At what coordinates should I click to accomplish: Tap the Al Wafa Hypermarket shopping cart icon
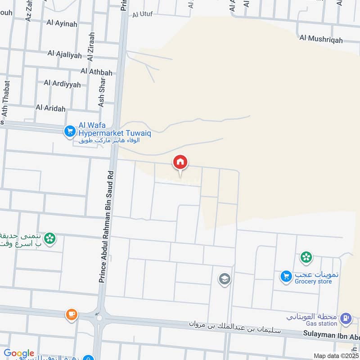[69, 131]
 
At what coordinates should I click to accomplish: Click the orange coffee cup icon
[71, 315]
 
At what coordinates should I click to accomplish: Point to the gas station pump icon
[346, 319]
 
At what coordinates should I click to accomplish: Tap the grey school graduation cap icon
[224, 279]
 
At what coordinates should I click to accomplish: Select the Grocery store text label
[313, 282]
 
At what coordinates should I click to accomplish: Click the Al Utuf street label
[143, 14]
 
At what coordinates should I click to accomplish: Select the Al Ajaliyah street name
[65, 55]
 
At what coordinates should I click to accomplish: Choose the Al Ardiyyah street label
[62, 84]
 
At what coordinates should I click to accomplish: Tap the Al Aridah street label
[50, 108]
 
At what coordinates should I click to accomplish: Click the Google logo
[19, 353]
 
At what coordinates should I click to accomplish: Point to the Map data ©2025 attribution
[335, 355]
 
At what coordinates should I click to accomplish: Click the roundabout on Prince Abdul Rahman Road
[99, 317]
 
